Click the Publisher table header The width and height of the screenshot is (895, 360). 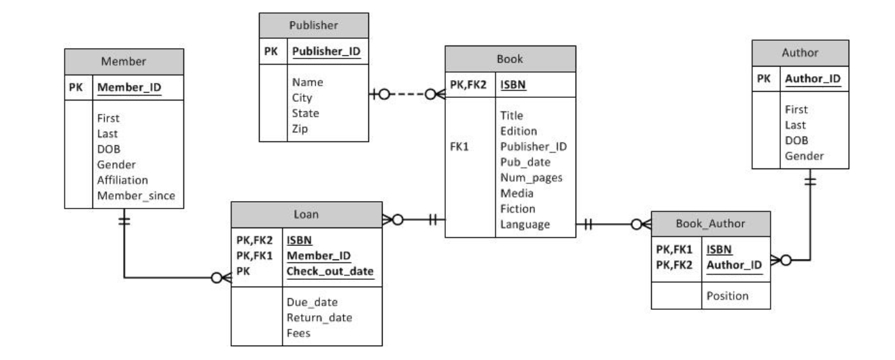pos(313,26)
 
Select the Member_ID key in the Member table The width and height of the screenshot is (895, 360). pos(129,87)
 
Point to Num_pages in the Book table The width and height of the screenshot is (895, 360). pos(531,178)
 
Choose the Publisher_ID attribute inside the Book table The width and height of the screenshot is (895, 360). pos(533,146)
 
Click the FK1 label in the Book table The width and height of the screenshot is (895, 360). pos(459,146)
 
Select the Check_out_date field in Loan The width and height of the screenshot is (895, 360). pos(330,272)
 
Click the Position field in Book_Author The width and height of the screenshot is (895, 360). pos(727,295)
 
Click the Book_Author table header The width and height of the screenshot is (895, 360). pos(710,223)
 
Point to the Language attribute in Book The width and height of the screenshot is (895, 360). pos(525,224)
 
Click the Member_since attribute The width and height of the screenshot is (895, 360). pos(137,196)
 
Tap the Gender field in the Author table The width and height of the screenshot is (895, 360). pos(805,156)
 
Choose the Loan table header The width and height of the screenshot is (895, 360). pos(306,214)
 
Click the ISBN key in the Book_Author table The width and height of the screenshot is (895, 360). pos(720,249)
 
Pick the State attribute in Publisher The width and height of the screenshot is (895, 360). pos(306,113)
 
